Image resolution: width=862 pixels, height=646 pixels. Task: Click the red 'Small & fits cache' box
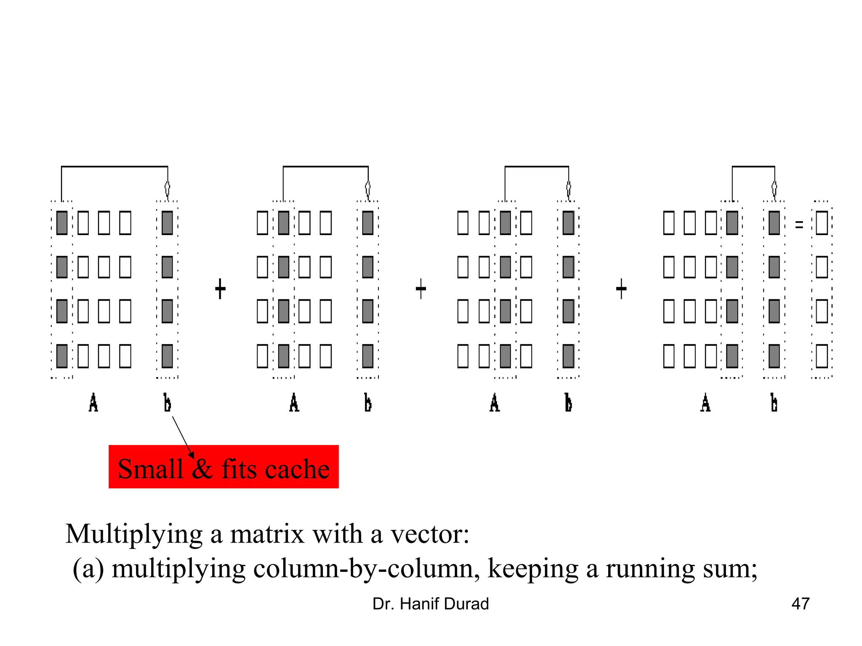223,467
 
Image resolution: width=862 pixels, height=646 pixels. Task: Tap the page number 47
800,604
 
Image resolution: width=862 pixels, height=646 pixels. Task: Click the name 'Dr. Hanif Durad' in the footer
431,604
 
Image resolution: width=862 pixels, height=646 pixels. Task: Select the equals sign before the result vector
799,225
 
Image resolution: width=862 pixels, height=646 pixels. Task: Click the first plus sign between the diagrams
220,289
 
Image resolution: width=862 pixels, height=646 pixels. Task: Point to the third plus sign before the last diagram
621,289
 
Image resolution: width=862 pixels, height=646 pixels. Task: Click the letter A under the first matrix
93,402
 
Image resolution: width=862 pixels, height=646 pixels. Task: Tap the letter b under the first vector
167,402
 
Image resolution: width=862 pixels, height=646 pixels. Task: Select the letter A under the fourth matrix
705,402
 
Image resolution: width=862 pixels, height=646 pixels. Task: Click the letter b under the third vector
568,402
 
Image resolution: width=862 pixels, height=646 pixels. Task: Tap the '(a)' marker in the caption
88,569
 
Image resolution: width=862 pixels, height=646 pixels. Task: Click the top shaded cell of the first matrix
62,223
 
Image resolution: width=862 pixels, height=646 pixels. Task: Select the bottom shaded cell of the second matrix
284,356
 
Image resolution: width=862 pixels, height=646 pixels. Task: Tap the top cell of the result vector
822,223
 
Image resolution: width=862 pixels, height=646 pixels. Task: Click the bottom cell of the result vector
822,356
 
